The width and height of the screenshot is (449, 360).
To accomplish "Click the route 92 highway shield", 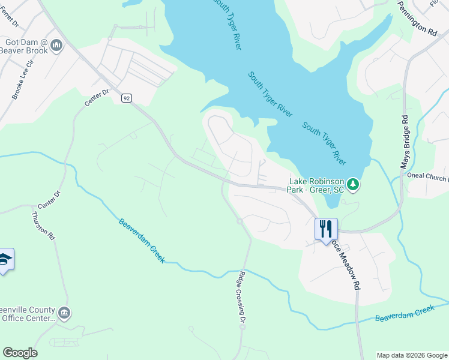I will point(125,98).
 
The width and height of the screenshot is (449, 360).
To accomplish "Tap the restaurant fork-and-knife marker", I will point(326,229).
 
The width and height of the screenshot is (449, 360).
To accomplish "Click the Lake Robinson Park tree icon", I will point(354,184).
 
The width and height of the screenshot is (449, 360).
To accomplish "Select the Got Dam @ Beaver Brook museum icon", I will point(57,45).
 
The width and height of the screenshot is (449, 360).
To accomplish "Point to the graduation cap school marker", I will point(5,260).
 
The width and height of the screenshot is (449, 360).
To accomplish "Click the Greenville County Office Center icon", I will point(64,313).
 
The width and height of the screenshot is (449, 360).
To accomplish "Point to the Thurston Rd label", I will point(44,226).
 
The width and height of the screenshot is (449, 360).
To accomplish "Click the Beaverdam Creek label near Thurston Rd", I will point(141,241).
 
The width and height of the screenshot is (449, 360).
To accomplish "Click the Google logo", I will point(20,353).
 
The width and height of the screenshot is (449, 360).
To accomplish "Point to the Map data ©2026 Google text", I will point(412,355).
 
